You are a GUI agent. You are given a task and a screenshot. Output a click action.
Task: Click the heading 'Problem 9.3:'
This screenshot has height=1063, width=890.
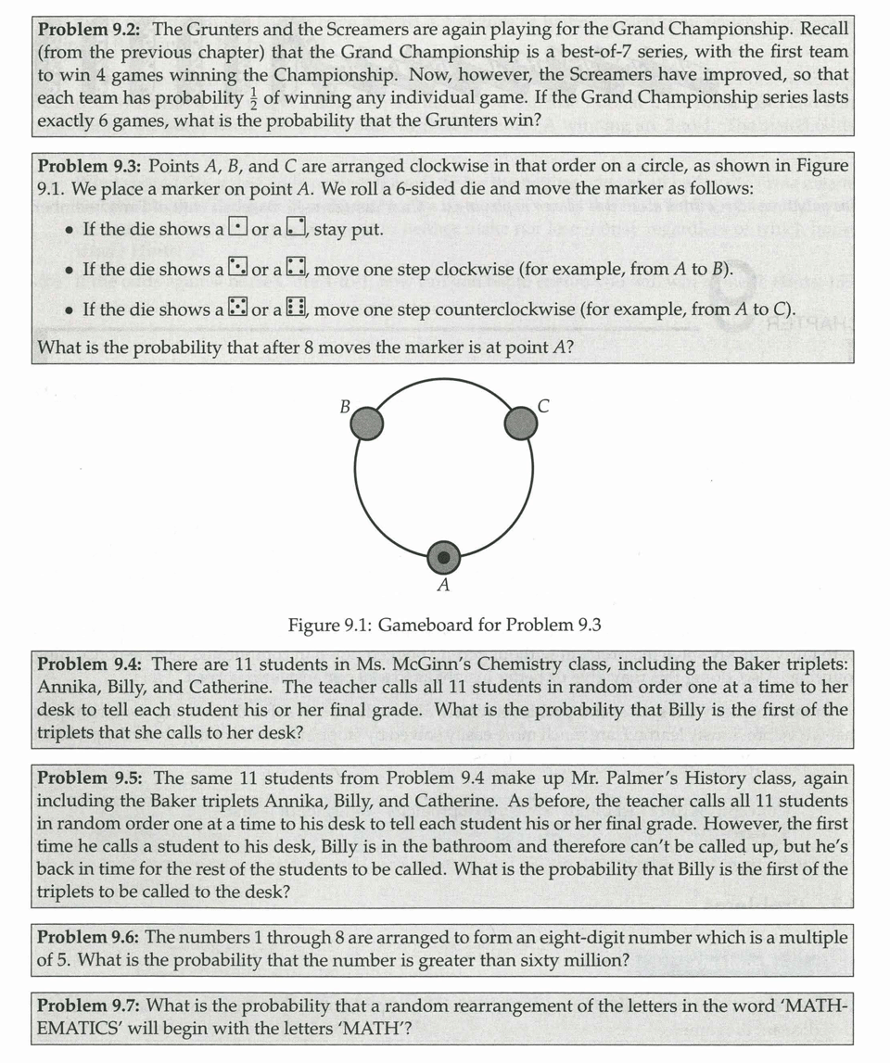(89, 166)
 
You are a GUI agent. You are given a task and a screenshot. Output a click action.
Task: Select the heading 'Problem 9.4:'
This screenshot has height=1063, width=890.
(89, 664)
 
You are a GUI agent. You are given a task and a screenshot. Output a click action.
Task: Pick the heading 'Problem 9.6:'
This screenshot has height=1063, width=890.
(88, 937)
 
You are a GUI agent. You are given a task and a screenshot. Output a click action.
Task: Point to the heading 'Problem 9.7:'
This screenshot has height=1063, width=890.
(89, 1006)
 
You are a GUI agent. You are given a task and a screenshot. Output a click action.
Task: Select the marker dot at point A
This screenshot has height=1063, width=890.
(444, 558)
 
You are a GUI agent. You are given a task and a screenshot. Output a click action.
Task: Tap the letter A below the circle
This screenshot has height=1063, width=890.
(443, 586)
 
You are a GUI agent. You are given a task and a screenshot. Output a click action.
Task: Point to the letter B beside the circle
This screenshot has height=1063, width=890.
(345, 406)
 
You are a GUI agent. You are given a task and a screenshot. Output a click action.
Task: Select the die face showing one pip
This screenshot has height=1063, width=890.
(236, 228)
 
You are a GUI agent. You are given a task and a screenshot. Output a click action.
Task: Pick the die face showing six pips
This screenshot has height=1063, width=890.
(298, 310)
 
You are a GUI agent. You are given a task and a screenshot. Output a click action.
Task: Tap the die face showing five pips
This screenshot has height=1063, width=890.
(236, 310)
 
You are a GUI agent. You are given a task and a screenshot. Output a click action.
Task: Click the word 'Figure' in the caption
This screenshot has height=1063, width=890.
(314, 625)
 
